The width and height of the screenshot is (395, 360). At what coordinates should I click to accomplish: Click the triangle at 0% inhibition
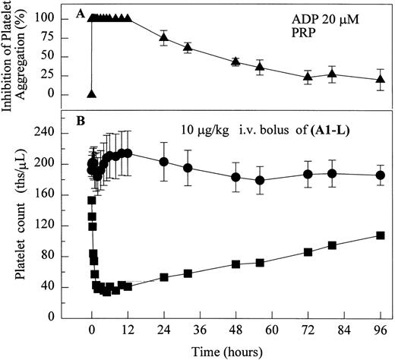tap(92, 94)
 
